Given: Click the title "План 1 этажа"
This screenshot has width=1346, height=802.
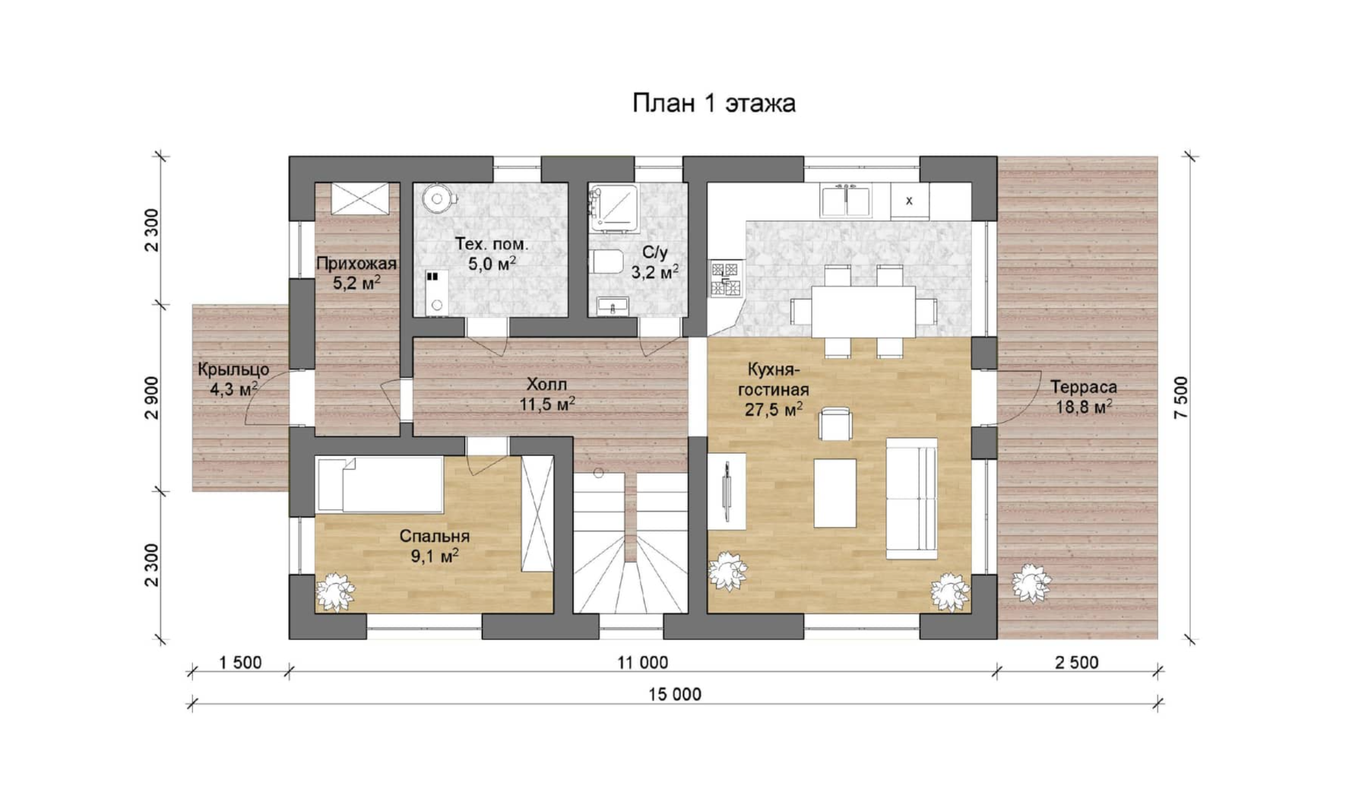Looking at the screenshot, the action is point(714,103).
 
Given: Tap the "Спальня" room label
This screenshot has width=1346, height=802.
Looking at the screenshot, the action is point(434,536).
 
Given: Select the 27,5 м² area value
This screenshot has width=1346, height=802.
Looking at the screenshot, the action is point(774,409).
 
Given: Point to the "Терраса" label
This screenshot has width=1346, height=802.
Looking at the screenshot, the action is point(1083,387).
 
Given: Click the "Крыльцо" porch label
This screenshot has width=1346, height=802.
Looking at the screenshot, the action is point(233,370).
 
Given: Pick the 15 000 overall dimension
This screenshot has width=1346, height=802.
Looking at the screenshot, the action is point(674,694).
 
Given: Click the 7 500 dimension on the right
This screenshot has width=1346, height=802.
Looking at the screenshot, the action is point(1180,398).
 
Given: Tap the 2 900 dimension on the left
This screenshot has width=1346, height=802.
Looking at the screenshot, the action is point(153,398).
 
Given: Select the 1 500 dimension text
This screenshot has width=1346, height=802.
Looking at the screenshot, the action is point(240,662).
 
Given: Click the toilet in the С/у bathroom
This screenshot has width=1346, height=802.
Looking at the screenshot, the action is point(606,262).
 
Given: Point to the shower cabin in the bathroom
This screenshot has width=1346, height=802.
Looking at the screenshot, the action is point(613,205).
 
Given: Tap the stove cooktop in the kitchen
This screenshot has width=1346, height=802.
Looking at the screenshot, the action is point(724,278).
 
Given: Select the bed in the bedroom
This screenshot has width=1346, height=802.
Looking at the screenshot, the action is point(379,484).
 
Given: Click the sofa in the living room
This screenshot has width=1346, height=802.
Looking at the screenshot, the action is point(911,498).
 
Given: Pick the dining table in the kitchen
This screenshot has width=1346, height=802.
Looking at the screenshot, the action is point(863,310).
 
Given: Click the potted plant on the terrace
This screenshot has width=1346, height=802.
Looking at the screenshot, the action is point(1031,583).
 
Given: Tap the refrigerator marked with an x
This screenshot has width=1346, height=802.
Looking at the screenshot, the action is point(909,201).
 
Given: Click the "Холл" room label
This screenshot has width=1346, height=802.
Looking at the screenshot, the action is point(546,384).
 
